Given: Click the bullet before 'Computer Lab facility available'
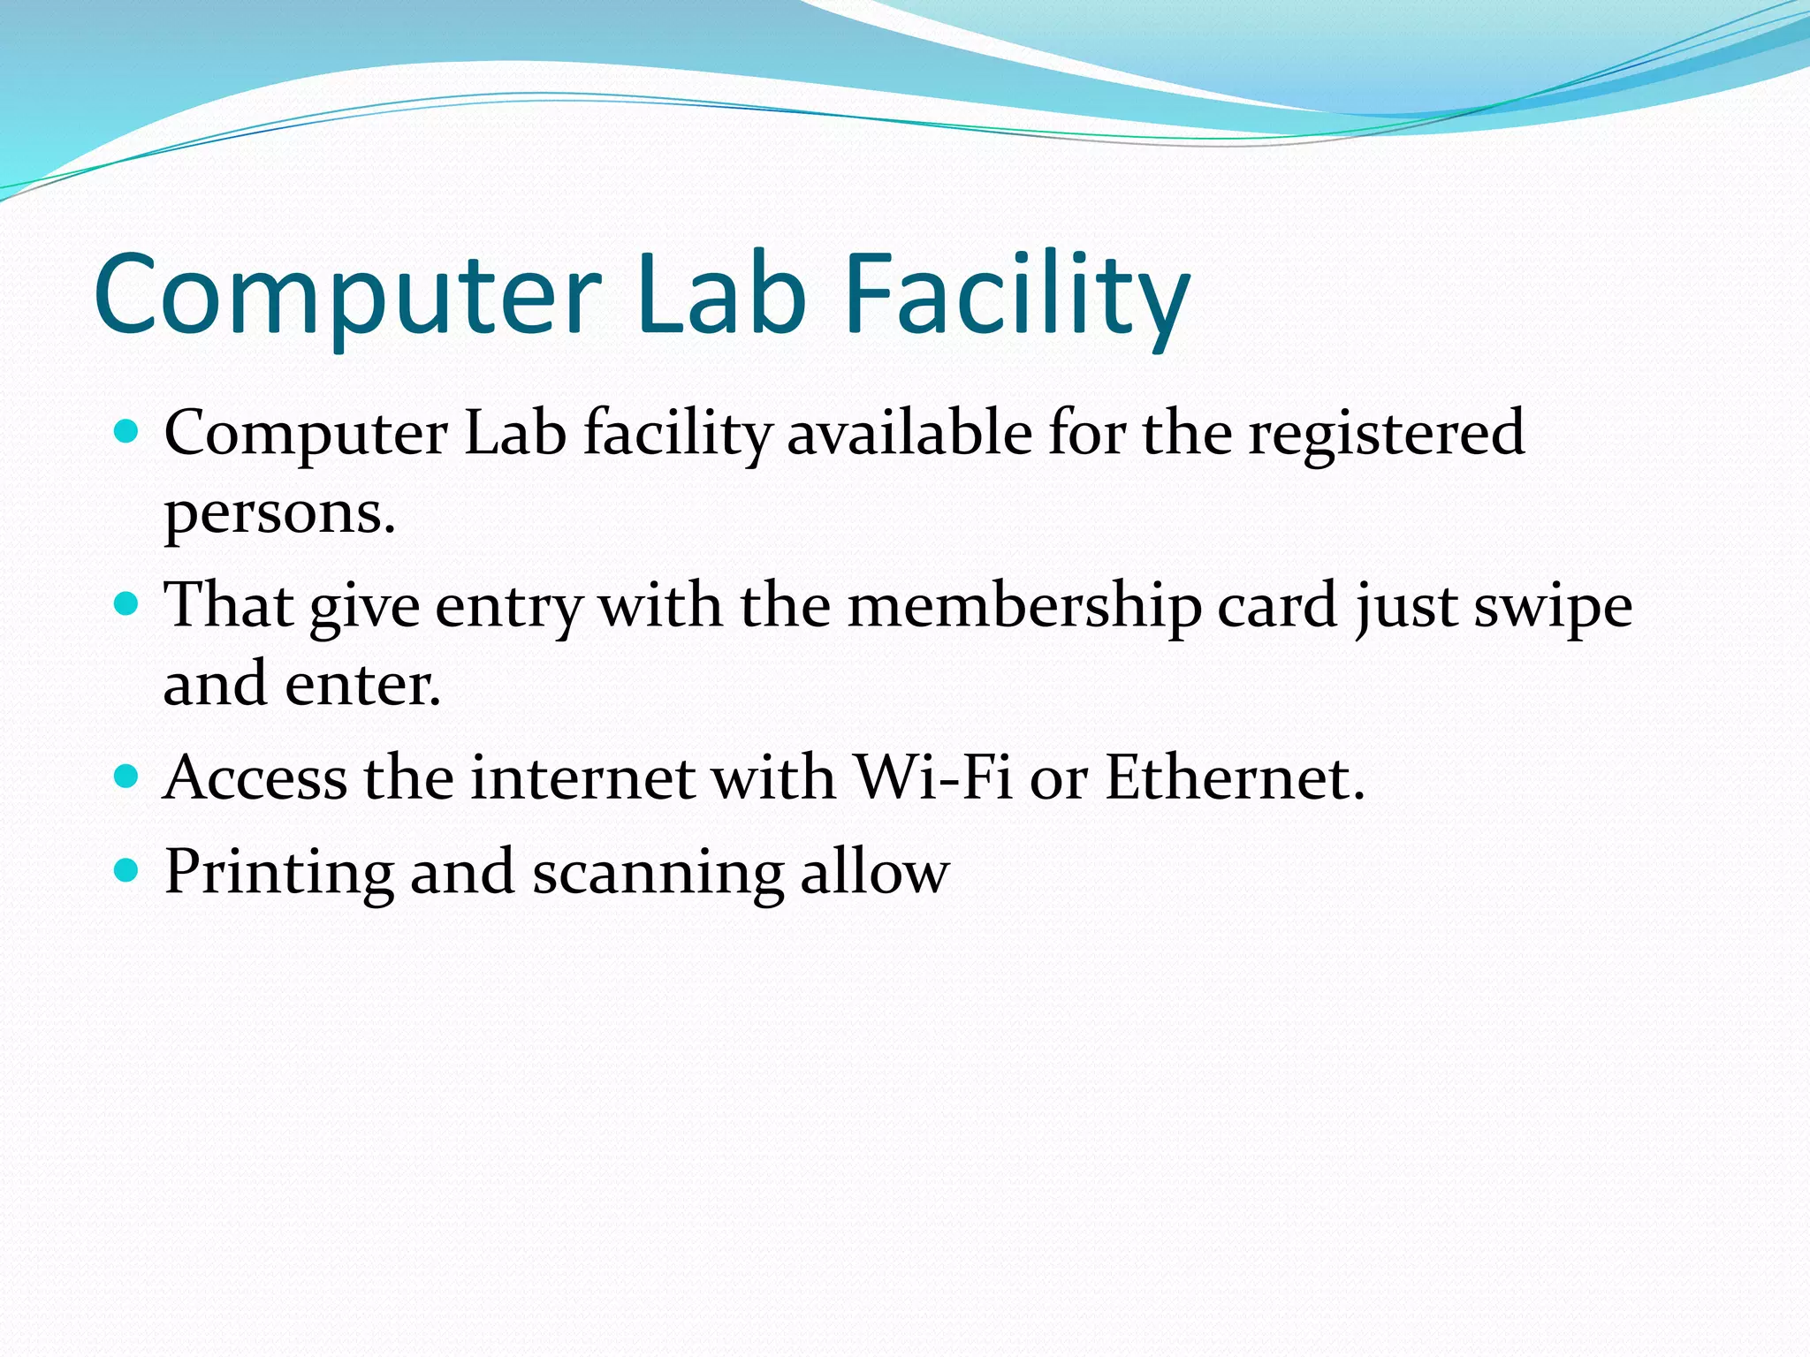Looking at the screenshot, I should pos(127,432).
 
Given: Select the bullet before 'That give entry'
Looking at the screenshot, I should pos(127,604).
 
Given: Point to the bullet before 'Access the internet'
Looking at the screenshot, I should pos(127,777).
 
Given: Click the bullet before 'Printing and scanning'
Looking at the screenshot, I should pos(127,870).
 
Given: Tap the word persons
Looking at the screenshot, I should pos(279,514).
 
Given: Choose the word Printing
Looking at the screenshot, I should pos(278,873).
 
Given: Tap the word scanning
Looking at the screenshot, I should pos(658,873).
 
